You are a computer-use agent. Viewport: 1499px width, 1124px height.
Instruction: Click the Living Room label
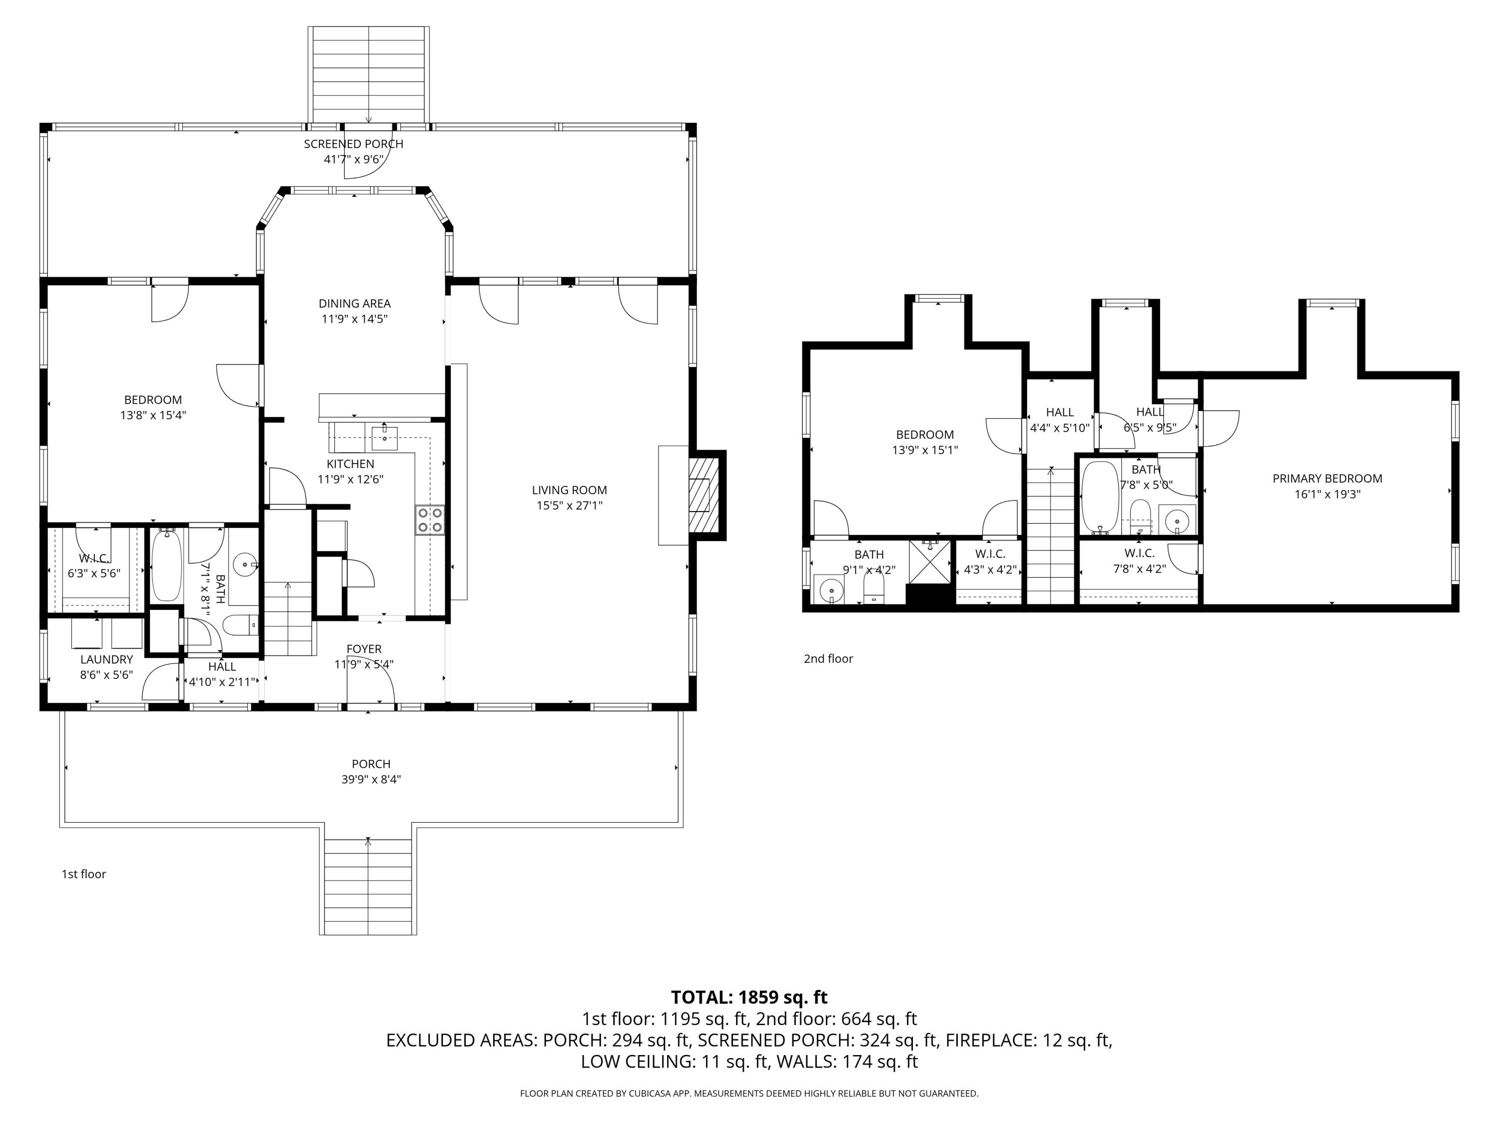point(569,490)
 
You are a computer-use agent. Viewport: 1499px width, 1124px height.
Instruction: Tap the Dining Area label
point(354,304)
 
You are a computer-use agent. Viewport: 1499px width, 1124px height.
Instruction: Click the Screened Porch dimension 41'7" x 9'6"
point(354,159)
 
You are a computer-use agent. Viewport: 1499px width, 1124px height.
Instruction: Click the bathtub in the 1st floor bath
point(165,566)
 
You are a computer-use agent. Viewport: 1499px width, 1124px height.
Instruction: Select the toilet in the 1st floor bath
point(240,624)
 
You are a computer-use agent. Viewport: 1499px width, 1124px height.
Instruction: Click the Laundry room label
point(106,659)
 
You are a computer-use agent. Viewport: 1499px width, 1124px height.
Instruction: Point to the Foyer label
point(364,649)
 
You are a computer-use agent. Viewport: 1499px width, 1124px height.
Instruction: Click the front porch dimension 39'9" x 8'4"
point(371,779)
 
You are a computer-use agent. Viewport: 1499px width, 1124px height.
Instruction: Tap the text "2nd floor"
point(828,658)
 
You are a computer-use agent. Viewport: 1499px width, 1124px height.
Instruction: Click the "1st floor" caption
point(84,874)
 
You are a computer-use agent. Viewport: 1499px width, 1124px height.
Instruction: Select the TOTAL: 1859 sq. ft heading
point(749,997)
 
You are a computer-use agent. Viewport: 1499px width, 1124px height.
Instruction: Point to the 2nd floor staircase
point(1051,535)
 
